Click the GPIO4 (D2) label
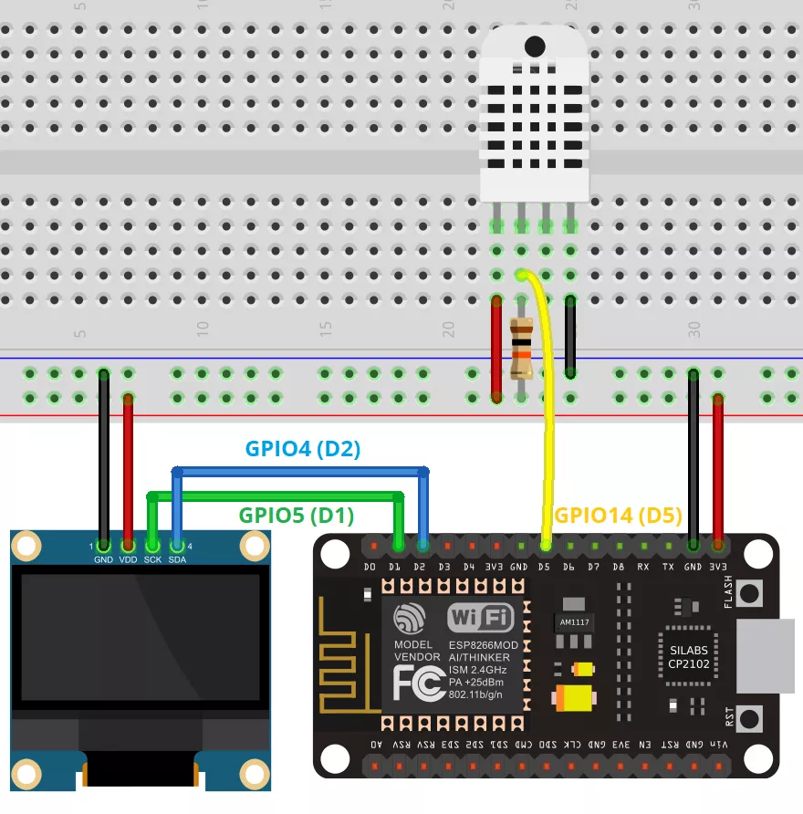click(x=304, y=448)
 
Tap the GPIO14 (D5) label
click(x=618, y=515)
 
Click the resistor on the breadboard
click(x=522, y=349)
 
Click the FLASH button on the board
click(x=750, y=593)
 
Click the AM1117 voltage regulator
click(x=573, y=621)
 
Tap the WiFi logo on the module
click(x=480, y=619)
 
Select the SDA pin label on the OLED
click(x=177, y=559)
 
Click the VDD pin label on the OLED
click(x=128, y=559)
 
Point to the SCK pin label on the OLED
click(x=152, y=559)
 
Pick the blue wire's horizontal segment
click(x=301, y=471)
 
